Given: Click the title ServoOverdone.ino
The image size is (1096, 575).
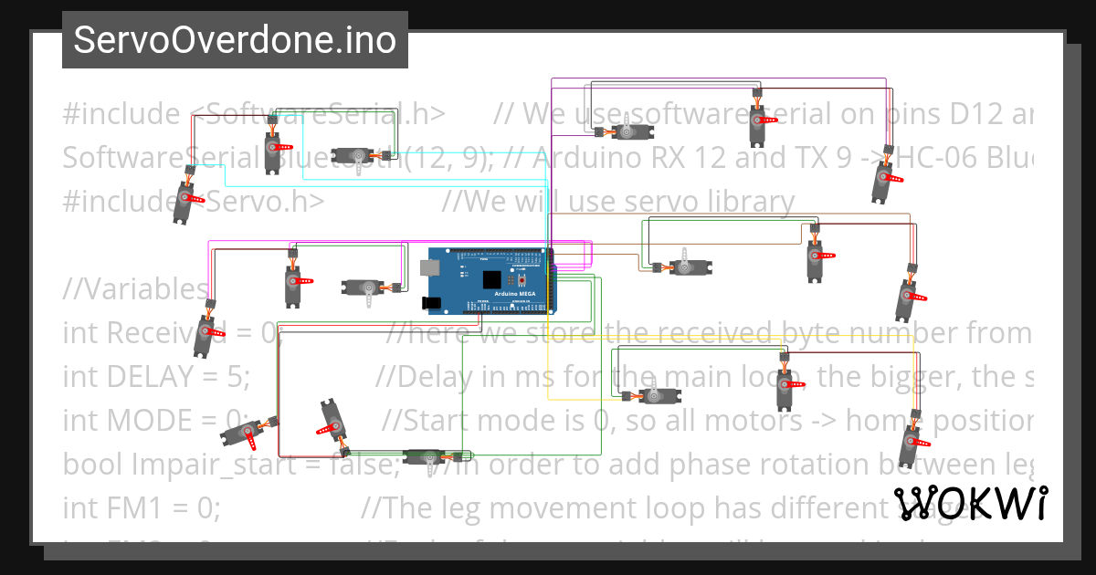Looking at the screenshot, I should coord(235,40).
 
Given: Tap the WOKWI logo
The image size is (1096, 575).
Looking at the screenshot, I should coord(971,503).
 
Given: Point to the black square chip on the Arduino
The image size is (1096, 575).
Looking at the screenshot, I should coord(492,279).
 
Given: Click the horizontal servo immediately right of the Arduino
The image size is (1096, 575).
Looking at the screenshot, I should coord(686,267).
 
